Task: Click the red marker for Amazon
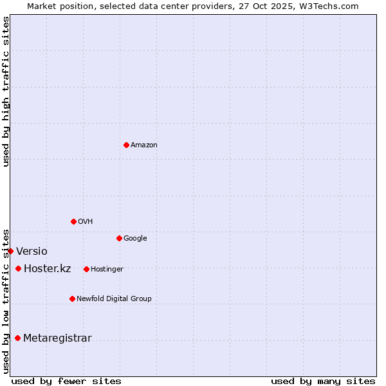[x=126, y=145]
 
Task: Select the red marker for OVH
[x=73, y=221]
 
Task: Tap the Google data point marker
[x=119, y=238]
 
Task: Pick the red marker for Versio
[x=11, y=251]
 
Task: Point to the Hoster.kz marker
[x=18, y=268]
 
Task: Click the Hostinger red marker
[x=86, y=269]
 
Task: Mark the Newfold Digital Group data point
[x=72, y=299]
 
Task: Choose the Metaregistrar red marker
[x=17, y=338]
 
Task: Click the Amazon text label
[x=144, y=145]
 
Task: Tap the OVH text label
[x=86, y=222]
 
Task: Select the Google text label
[x=135, y=239]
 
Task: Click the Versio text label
[x=32, y=252]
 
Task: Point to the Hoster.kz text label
[x=47, y=269]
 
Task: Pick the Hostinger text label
[x=107, y=270]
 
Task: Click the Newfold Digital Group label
[x=114, y=299]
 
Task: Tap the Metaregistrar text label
[x=57, y=338]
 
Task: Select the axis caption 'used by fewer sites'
[x=66, y=381]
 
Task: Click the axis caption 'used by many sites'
[x=323, y=381]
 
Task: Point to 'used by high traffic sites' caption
[x=6, y=91]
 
